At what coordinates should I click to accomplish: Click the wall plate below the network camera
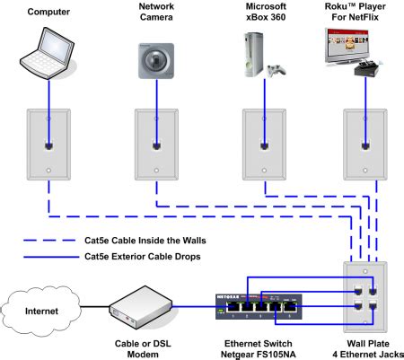[x=154, y=145]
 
